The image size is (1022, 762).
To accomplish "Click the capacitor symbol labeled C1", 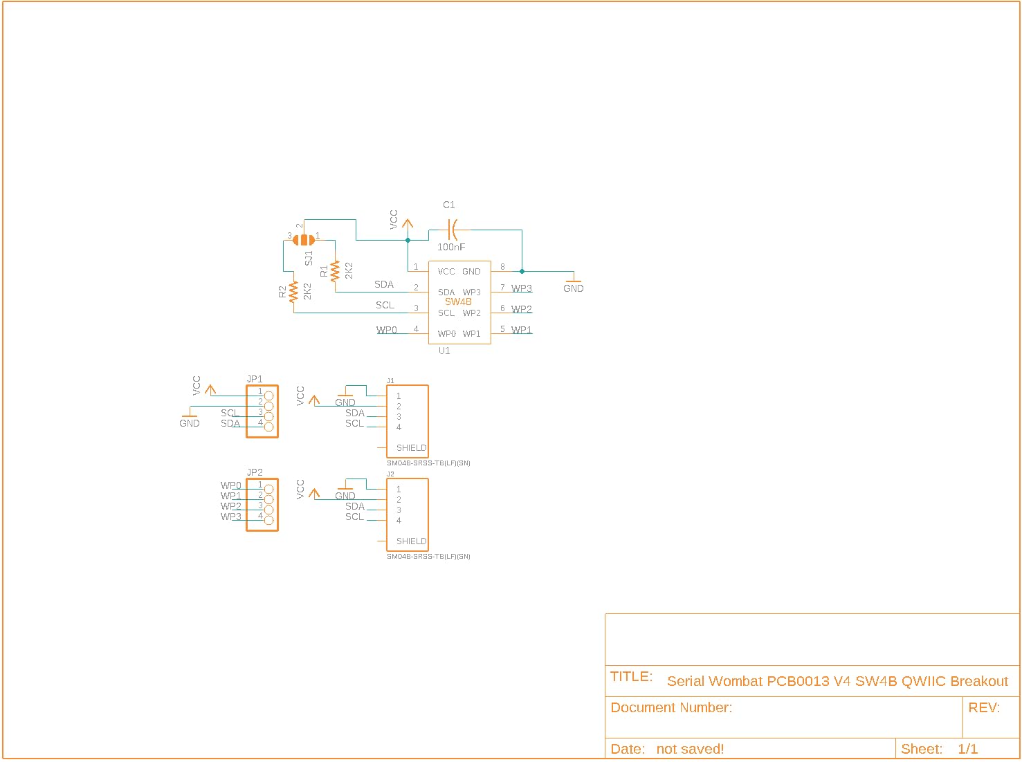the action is coord(452,230).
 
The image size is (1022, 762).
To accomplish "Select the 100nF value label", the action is coord(450,247).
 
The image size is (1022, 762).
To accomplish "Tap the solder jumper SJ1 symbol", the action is coord(304,240).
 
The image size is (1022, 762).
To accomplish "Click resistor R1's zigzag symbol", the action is coord(335,271).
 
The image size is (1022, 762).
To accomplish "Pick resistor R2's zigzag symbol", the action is coord(293,292).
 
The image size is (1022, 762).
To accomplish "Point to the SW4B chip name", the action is coord(458,301).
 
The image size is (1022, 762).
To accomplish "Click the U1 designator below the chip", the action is coord(444,351).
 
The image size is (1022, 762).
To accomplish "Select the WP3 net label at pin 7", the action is coord(522,288).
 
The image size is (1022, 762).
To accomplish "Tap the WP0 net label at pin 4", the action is coord(387,330).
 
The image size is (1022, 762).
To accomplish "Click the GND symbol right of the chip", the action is coord(573,284).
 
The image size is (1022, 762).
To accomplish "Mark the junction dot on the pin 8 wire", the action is coord(522,271).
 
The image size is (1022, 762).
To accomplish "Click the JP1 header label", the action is coord(255,379).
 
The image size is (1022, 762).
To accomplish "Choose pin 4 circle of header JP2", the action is coord(268,520).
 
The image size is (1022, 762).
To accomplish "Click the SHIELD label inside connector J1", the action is coord(411,447).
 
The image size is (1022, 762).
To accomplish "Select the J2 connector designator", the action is coord(390,474).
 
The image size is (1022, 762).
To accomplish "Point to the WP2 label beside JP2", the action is coord(231,506).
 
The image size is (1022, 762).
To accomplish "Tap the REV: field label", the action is coord(984,707).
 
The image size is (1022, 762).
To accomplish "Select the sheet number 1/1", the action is coord(967,748).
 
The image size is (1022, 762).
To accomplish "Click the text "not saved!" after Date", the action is coord(690,749).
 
